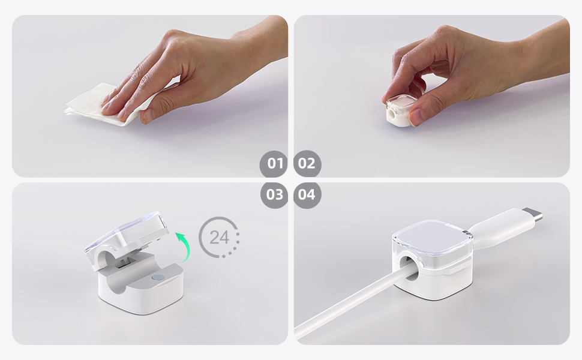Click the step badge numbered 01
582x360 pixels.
click(274, 164)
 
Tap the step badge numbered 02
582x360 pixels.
click(307, 164)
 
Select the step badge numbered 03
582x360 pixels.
click(274, 195)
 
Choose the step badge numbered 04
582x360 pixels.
click(307, 195)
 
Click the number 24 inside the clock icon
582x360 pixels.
click(219, 237)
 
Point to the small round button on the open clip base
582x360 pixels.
click(158, 278)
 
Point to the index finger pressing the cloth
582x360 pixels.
click(129, 90)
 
